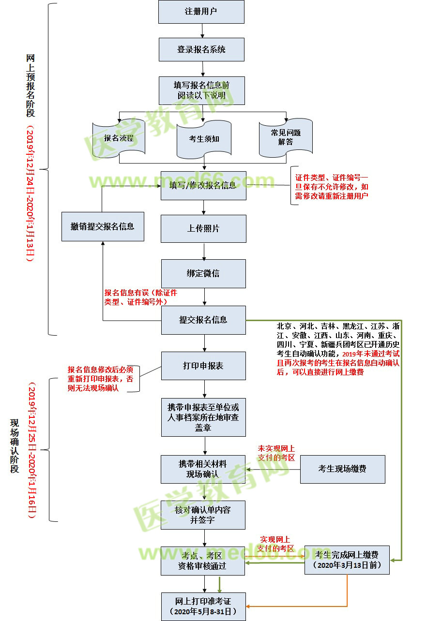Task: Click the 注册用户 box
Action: click(x=201, y=12)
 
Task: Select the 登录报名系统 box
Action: click(x=201, y=49)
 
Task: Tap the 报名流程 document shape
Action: click(x=119, y=138)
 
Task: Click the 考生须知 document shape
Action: click(x=204, y=139)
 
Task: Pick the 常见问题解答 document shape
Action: click(x=286, y=137)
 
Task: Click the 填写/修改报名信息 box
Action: click(x=203, y=185)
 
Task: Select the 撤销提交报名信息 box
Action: click(x=102, y=226)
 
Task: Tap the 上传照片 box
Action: click(x=203, y=228)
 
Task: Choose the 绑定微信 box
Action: click(x=203, y=273)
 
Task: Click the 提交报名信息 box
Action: click(x=203, y=320)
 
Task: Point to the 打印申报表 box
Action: click(x=203, y=366)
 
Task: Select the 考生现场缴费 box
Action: click(x=342, y=469)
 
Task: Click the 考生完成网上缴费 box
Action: click(x=347, y=560)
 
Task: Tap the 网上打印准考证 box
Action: click(x=203, y=606)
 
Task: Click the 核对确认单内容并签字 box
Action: click(x=203, y=515)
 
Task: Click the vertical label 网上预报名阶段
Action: click(x=30, y=85)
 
